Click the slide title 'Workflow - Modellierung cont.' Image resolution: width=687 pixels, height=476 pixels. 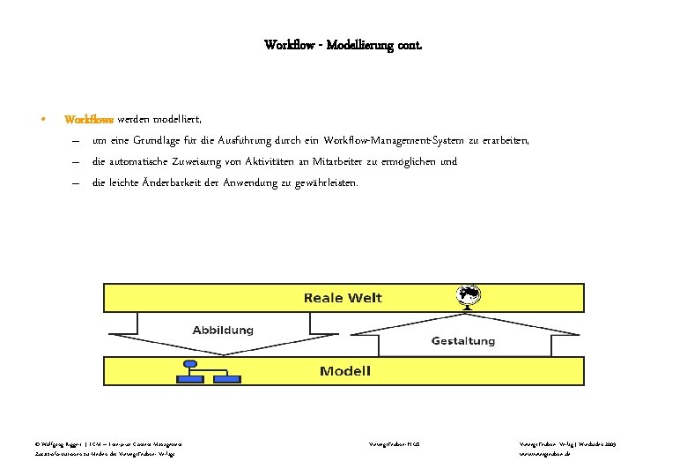point(343,44)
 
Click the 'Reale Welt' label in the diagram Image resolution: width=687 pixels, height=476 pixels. point(343,298)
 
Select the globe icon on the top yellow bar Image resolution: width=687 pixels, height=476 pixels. point(469,295)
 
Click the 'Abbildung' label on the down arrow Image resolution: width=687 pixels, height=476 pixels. point(223,331)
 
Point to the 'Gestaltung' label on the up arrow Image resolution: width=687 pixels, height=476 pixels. point(462,340)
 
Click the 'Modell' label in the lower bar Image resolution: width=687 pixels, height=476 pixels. point(344,371)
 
